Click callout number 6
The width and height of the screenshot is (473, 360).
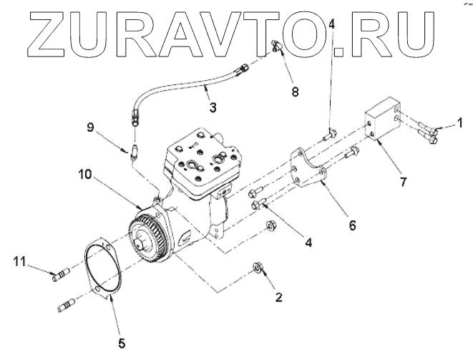coord(352,225)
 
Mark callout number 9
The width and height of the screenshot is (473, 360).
coord(90,127)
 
